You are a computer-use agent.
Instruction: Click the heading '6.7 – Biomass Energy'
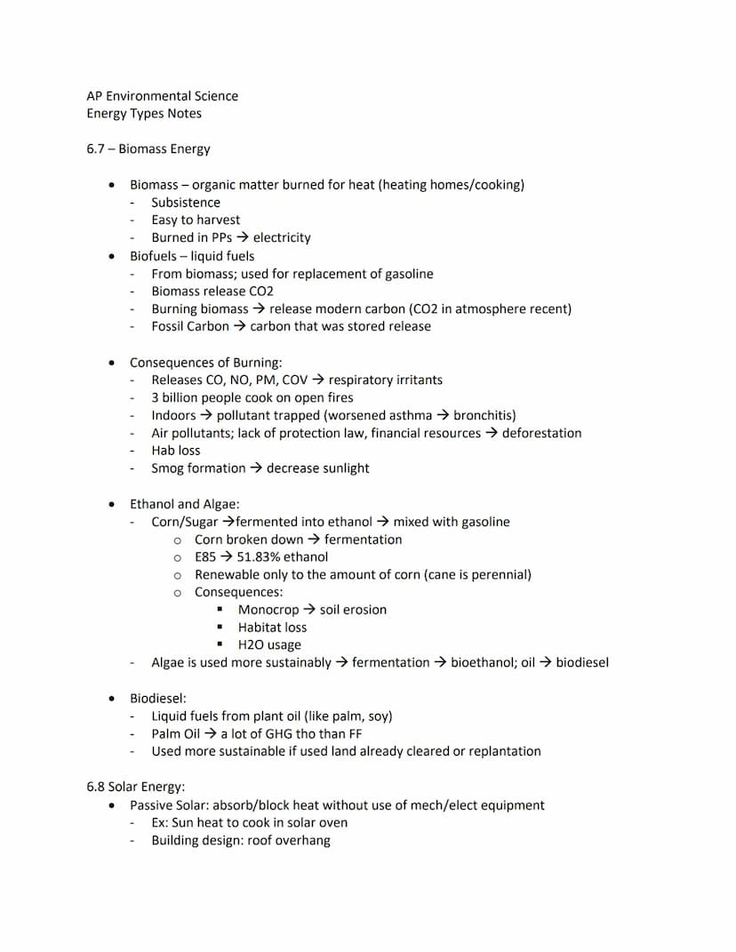(148, 149)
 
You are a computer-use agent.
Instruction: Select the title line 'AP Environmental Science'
(163, 96)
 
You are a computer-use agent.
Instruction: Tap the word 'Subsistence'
(186, 203)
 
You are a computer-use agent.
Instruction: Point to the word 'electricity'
(282, 238)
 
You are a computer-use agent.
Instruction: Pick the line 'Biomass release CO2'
(212, 292)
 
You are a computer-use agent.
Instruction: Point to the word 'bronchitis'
(484, 416)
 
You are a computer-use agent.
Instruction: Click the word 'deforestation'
(541, 434)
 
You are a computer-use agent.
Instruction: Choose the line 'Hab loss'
(176, 451)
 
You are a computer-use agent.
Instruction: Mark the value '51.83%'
(258, 557)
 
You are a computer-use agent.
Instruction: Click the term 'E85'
(205, 557)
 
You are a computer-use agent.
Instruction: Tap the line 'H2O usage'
(269, 645)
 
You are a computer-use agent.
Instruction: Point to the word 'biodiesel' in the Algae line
(582, 663)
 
